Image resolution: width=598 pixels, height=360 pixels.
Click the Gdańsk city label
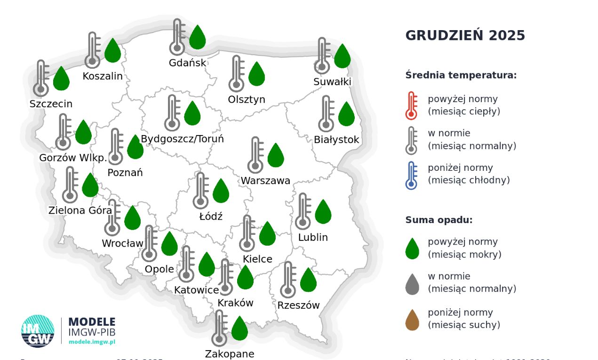click(187, 63)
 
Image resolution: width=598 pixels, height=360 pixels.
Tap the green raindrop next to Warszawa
click(276, 156)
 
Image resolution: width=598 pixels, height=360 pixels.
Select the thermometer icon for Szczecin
click(41, 79)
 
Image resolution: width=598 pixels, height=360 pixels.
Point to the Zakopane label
click(229, 353)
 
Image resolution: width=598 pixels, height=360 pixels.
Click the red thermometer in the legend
click(412, 105)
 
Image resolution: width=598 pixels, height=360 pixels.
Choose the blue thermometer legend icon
click(412, 175)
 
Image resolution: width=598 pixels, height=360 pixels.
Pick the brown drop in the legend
click(412, 320)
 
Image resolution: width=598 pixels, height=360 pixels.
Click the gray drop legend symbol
click(412, 284)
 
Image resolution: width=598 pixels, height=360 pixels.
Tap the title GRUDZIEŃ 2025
click(465, 36)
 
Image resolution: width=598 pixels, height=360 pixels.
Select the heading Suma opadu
click(439, 220)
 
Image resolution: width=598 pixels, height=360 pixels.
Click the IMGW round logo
click(38, 331)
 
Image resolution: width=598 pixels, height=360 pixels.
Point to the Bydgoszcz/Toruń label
click(182, 139)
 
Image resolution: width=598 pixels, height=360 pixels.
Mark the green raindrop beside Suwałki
click(342, 56)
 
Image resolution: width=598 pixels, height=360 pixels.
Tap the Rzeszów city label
click(298, 305)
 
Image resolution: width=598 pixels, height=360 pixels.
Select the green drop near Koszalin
click(112, 51)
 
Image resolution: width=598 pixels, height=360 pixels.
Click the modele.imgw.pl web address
click(92, 342)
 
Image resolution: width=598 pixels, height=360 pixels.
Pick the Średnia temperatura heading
click(461, 75)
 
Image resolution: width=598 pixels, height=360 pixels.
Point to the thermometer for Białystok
click(326, 114)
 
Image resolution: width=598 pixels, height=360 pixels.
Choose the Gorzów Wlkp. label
click(73, 158)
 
